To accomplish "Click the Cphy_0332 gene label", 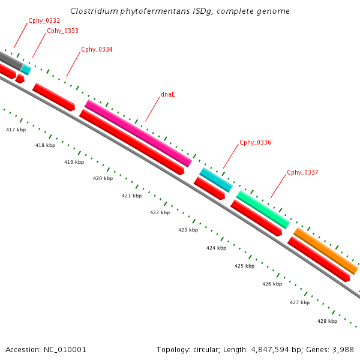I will click(x=44, y=21).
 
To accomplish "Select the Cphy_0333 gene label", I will click(x=62, y=31).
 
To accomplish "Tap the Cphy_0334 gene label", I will click(x=97, y=49).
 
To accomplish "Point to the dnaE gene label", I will click(x=168, y=94).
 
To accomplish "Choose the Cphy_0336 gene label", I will click(x=255, y=142).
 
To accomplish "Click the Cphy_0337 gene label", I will click(x=302, y=172).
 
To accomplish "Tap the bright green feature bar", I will click(x=263, y=209).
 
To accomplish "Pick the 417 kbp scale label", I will click(x=16, y=130).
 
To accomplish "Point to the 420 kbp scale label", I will click(x=103, y=178).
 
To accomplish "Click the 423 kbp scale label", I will click(x=188, y=230).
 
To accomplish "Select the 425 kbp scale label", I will click(x=244, y=266).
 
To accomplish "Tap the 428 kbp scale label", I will click(x=327, y=321).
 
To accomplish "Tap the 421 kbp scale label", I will click(x=131, y=196).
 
